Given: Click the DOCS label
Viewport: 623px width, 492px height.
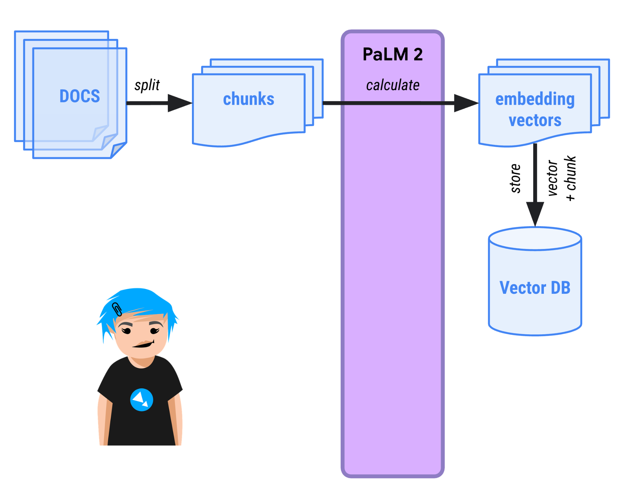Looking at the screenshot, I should coord(80,96).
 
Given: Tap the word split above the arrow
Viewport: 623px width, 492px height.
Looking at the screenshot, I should coord(147,85).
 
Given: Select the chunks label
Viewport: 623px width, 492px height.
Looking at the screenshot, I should coord(249,99).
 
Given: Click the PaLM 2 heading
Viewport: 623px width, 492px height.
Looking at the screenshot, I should coord(392,54).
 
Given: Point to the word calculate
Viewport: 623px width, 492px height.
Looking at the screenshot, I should coord(392,85).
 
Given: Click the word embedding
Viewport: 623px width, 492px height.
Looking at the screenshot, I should coord(535,99).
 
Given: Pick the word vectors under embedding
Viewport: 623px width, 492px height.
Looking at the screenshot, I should coord(535,120).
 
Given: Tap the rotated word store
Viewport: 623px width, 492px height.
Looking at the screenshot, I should coord(515,178).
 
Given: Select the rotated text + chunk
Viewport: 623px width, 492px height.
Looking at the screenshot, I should coord(571,178).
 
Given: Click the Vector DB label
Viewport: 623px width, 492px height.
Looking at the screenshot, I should coord(535,288).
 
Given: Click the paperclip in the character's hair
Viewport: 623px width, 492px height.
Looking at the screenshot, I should coord(117,309).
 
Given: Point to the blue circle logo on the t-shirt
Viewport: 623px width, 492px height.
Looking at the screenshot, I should coord(141,400).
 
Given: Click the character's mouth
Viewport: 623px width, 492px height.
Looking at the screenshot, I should coord(143,345).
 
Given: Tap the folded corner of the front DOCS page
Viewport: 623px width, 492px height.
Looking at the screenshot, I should coord(118,150).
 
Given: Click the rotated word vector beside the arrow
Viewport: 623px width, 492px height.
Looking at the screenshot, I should coord(552,178).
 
